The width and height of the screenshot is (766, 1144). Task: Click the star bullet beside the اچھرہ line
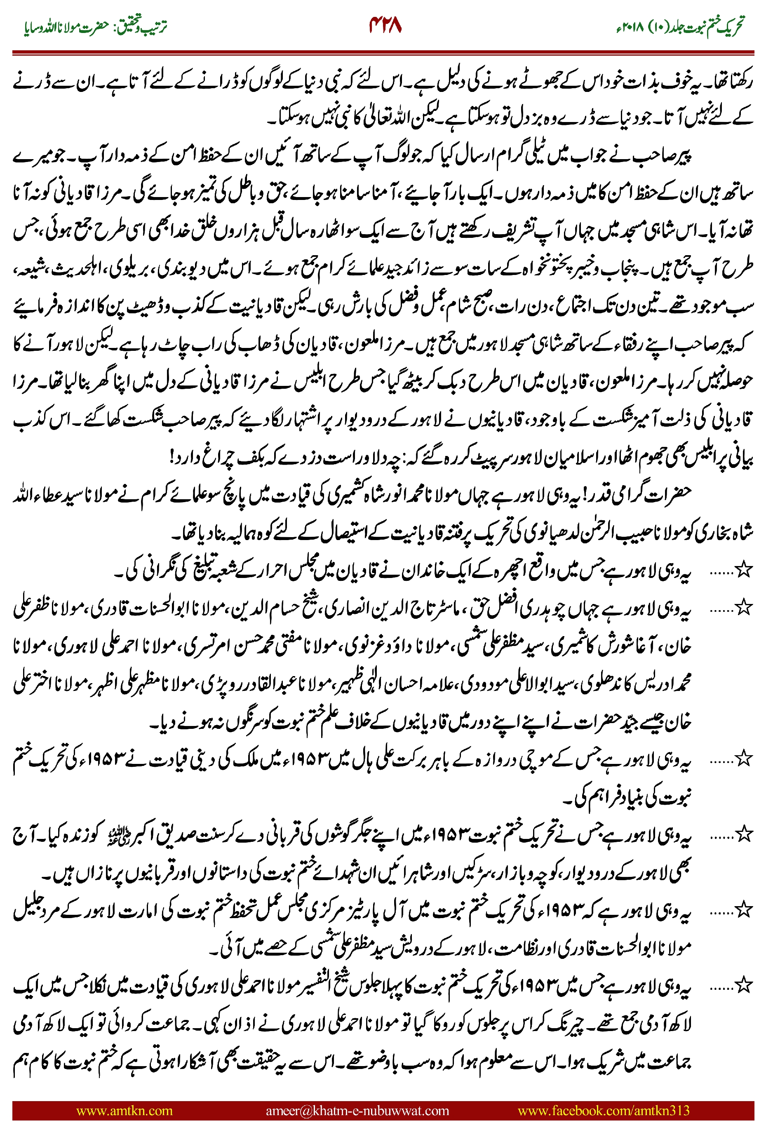click(x=743, y=570)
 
